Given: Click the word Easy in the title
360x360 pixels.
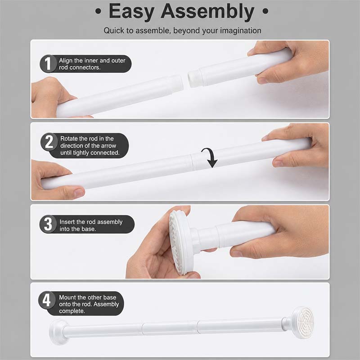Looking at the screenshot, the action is point(131,12).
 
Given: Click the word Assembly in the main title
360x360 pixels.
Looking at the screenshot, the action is point(208,12).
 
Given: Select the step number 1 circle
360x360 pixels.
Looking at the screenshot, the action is point(48,63).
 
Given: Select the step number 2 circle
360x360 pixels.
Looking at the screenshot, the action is point(49,142).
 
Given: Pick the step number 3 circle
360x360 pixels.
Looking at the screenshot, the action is point(48,224).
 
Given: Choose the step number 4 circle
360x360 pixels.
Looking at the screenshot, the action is point(47,300).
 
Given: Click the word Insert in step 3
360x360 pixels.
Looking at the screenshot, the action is point(67,222).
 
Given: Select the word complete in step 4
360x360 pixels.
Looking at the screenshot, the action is point(72,311).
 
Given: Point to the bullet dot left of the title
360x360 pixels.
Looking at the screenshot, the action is point(98,11).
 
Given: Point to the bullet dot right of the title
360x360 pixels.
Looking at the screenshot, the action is point(265,11).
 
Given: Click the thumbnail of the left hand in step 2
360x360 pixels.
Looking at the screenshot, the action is point(78,193).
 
